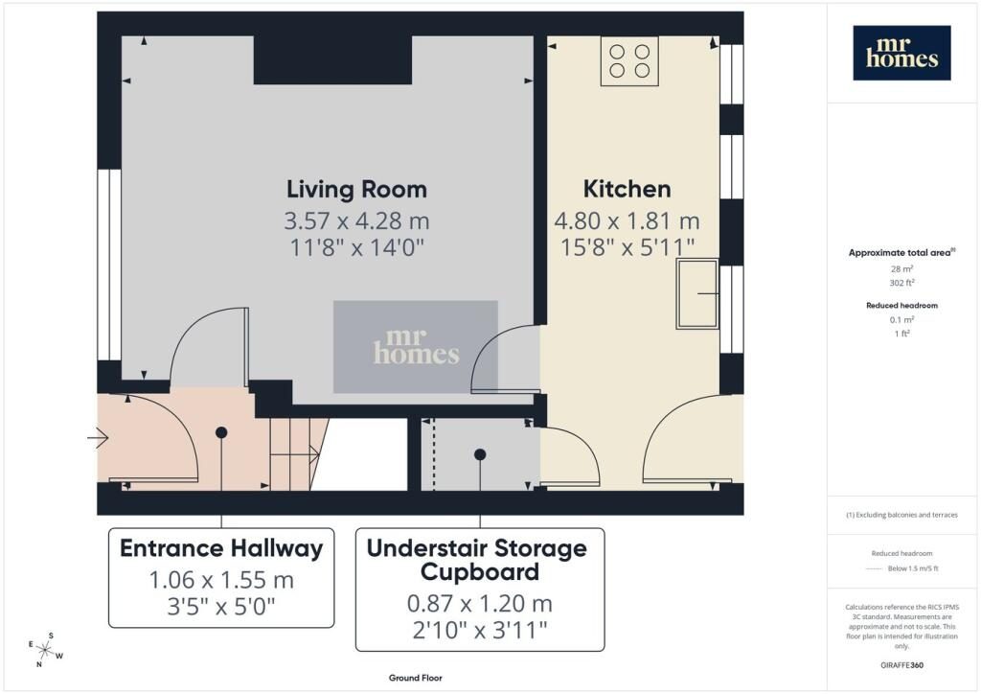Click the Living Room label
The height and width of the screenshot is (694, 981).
tap(356, 189)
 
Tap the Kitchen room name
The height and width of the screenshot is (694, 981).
tap(627, 189)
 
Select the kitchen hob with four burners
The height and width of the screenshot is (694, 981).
tap(629, 60)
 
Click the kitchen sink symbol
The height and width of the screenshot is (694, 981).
tap(696, 294)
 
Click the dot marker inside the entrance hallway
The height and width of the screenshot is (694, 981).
tap(221, 432)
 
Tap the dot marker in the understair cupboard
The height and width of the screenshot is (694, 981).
tap(480, 455)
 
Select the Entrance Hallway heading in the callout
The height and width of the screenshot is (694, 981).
tap(221, 548)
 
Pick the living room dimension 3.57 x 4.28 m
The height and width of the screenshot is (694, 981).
tap(356, 220)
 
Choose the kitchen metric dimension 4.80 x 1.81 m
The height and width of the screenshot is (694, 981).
tap(627, 220)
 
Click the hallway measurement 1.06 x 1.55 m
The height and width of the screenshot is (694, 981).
tap(221, 580)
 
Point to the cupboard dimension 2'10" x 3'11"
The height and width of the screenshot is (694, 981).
tap(480, 630)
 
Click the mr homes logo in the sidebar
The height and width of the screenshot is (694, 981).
tap(901, 53)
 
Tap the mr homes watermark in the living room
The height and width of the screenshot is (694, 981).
tap(416, 347)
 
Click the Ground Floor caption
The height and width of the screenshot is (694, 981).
tap(416, 678)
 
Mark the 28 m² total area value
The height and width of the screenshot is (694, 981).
tap(901, 269)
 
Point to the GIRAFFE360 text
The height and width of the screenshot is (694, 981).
tap(901, 665)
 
